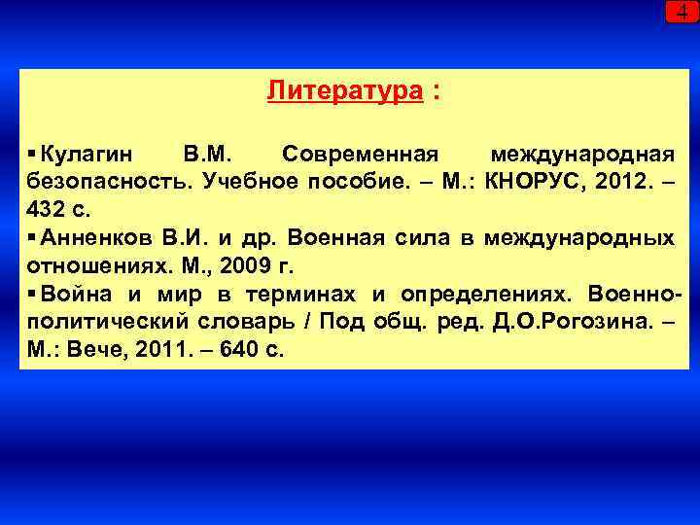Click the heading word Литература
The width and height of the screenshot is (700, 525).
click(345, 91)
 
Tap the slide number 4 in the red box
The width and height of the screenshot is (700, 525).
click(682, 12)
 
